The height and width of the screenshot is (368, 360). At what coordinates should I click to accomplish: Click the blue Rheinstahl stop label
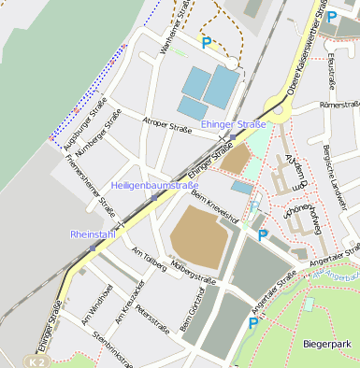(x=93, y=234)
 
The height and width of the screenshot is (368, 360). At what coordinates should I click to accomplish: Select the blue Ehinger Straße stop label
(x=233, y=124)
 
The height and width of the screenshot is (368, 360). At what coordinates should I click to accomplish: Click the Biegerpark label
(x=329, y=345)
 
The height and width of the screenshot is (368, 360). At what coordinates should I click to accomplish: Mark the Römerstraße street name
(x=338, y=105)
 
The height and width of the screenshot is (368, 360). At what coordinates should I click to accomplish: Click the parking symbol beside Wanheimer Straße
(x=207, y=42)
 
